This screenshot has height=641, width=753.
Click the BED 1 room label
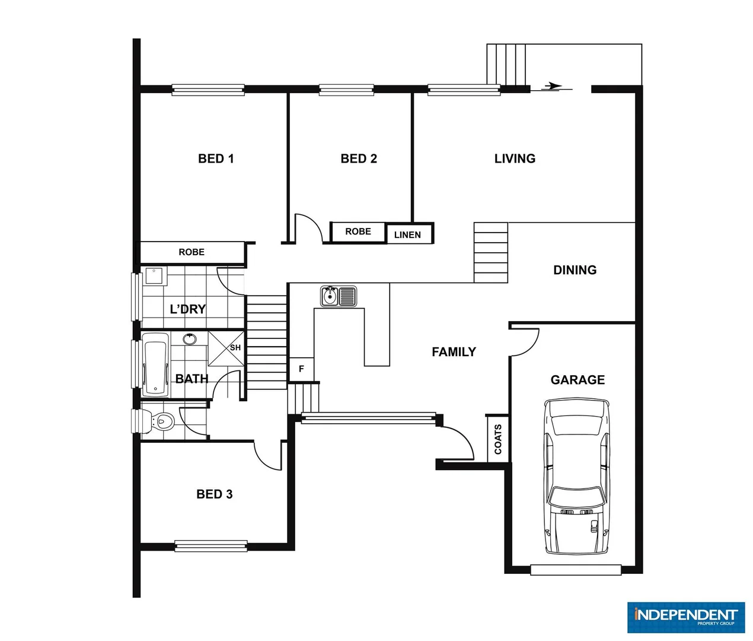[216, 158]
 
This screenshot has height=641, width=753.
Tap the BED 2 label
[359, 158]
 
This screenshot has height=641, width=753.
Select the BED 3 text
[214, 494]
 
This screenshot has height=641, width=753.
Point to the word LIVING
[515, 158]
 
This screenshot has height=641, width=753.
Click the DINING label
[575, 270]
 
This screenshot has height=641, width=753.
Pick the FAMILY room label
[454, 352]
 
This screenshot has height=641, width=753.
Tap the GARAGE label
[577, 380]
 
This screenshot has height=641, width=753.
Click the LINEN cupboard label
[407, 235]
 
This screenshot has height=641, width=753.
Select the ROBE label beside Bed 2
[358, 231]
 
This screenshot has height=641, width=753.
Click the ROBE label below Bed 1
[192, 252]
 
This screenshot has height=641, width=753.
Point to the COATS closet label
[498, 439]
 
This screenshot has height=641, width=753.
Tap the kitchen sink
[338, 296]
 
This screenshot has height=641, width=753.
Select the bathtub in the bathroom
[155, 364]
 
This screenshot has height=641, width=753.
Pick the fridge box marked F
[301, 369]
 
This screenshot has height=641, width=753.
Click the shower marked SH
[226, 348]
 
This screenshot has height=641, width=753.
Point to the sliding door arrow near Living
[552, 87]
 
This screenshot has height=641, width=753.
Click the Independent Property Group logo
[685, 617]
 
